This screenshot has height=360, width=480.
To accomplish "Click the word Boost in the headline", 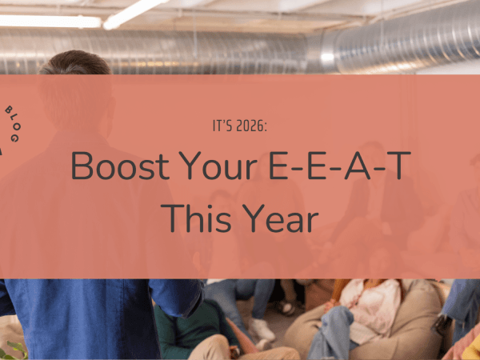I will pos(121,166).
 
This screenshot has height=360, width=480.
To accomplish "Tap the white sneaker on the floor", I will pos(262,329).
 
